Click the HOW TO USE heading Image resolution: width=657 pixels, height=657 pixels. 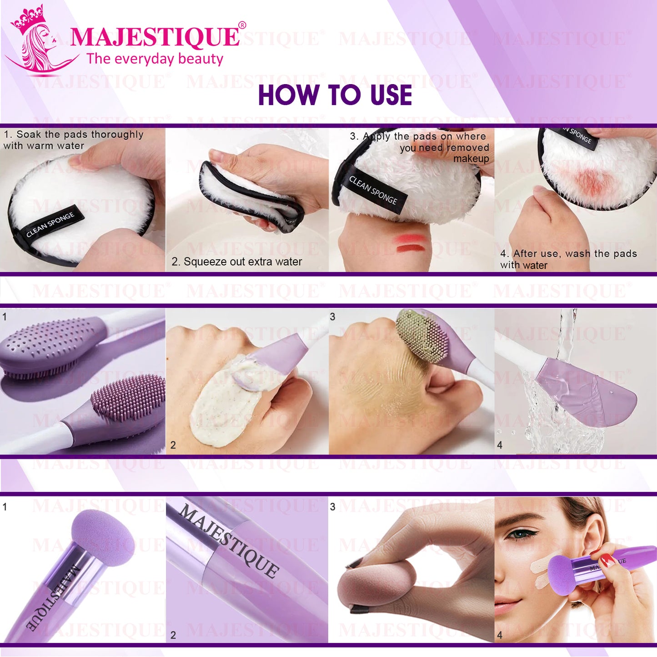(x=335, y=95)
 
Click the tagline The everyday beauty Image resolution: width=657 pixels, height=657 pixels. (x=155, y=59)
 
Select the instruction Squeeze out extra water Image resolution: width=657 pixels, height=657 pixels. (x=237, y=262)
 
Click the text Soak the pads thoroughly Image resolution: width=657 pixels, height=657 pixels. (x=74, y=135)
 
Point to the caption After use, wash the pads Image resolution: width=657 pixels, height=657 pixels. (x=568, y=254)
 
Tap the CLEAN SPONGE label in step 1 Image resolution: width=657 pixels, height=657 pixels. (x=50, y=225)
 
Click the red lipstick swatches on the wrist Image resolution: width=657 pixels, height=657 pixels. (x=410, y=243)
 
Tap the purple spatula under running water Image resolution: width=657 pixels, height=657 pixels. (x=587, y=391)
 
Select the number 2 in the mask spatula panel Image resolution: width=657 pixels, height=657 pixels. (x=173, y=445)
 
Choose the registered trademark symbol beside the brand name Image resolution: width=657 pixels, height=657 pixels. (x=242, y=25)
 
